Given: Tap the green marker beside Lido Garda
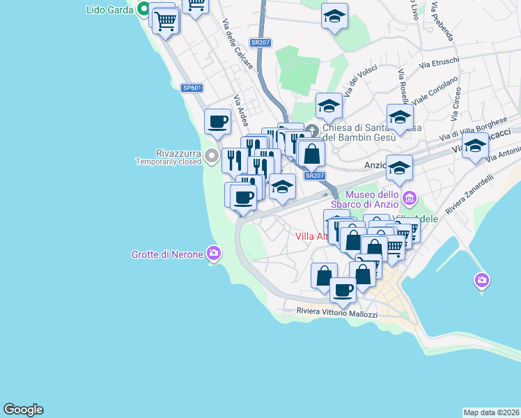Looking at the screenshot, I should point(144,10).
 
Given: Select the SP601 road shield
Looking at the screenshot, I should point(192,88).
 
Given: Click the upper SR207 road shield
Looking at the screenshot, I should point(260,42).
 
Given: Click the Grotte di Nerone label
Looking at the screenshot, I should point(167,254).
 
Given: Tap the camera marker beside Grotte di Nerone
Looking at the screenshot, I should point(214,253).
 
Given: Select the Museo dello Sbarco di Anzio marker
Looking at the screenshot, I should point(409,199).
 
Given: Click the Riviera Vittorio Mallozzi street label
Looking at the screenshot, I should point(336,313).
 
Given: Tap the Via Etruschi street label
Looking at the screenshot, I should point(439,63).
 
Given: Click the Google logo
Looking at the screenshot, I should point(23,410).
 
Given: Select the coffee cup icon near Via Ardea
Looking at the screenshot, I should point(218,121).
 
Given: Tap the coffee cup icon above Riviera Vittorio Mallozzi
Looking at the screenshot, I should point(343,289).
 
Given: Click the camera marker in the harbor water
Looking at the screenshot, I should point(481,281).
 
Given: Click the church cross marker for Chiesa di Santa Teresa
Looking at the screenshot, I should point(313,130).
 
